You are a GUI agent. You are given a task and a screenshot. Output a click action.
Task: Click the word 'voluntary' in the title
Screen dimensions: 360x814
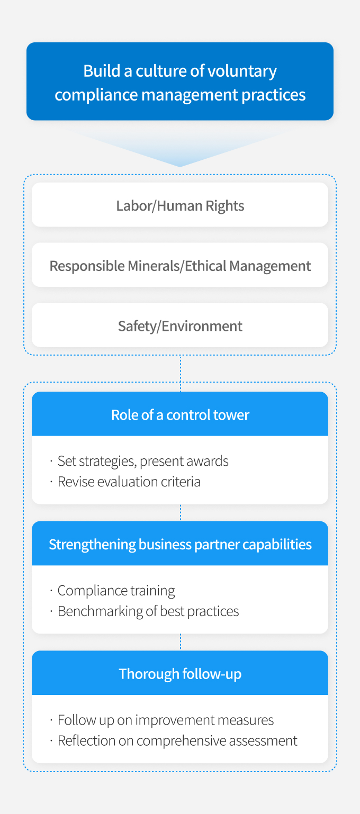(x=241, y=71)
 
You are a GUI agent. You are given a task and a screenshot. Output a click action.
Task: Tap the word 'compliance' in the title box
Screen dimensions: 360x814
(x=96, y=95)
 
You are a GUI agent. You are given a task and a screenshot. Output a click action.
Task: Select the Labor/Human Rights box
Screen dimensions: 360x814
(x=180, y=205)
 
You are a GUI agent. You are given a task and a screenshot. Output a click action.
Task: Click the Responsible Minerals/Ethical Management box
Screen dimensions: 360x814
(x=180, y=265)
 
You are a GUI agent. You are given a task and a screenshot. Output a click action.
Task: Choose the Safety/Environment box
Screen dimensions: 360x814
(x=180, y=325)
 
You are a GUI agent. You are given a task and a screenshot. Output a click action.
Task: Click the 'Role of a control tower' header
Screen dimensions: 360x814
(x=180, y=414)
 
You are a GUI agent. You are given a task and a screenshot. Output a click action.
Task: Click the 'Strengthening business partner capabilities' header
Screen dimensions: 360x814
(x=180, y=543)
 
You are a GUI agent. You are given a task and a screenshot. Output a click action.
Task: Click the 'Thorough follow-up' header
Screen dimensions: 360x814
(x=180, y=673)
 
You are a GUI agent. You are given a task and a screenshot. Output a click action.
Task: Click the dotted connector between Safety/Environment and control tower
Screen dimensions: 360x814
(x=181, y=373)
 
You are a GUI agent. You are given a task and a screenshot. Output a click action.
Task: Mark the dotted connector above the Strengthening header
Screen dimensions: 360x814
(x=181, y=512)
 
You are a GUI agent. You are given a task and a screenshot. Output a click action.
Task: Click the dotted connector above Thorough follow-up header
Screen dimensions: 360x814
(x=181, y=642)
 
